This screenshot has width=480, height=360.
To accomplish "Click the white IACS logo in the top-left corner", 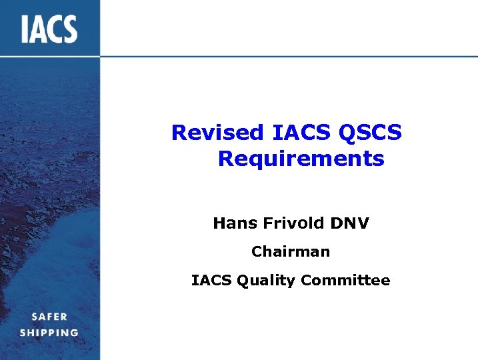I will point(49,29).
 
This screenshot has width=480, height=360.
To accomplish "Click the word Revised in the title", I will point(218,133).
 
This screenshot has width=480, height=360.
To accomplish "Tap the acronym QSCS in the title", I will point(370,133).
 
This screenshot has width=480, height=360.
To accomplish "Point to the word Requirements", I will point(301,159).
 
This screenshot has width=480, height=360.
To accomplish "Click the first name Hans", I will point(235,223).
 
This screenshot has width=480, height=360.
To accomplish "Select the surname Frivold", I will point(289,223).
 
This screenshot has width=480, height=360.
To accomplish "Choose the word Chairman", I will point(290,252).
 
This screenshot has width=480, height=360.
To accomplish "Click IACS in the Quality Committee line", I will point(210,281).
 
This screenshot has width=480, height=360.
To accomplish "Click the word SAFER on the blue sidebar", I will point(49,317).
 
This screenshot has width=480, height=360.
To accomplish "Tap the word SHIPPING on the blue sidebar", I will point(49,333).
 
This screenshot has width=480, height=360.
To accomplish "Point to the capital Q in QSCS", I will point(347,133).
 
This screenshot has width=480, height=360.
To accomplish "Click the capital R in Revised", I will point(179,133).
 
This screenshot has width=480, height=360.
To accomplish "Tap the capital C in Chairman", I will point(257,252).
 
